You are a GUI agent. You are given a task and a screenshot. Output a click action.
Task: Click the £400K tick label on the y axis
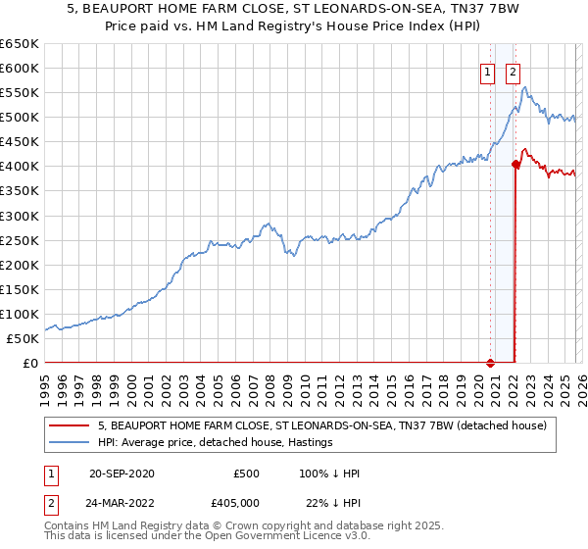[20, 167]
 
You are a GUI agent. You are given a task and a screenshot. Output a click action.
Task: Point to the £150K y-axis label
[20, 289]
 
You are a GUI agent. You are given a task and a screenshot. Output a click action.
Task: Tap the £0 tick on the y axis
[29, 363]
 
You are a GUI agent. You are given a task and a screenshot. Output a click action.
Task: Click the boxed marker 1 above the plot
[487, 71]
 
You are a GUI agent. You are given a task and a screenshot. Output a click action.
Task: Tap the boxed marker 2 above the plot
[514, 71]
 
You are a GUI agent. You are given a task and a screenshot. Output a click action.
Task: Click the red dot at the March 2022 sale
[514, 165]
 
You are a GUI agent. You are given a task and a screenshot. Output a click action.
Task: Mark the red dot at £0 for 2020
[491, 362]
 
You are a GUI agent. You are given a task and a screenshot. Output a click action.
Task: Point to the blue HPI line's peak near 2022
[525, 88]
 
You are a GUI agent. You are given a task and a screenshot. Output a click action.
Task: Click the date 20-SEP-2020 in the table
[121, 474]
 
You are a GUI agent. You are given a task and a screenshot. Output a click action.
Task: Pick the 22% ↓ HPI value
[333, 501]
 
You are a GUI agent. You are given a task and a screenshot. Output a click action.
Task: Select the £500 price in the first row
[246, 474]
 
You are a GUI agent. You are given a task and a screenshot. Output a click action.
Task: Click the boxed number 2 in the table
[49, 501]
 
